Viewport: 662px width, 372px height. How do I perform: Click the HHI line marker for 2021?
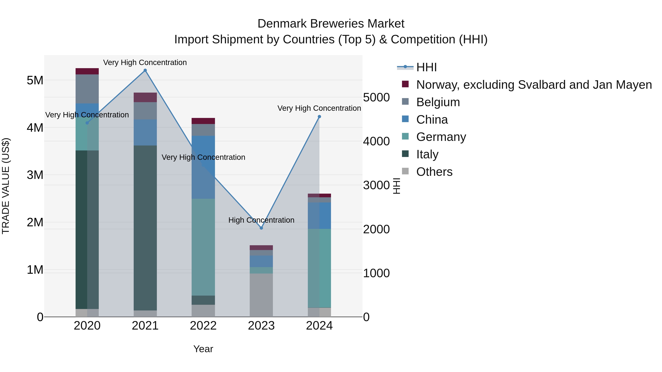click(x=145, y=70)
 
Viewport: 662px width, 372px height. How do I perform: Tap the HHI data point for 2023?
click(x=261, y=228)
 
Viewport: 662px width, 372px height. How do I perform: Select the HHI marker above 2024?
click(x=319, y=116)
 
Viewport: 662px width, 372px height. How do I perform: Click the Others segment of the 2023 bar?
click(x=261, y=295)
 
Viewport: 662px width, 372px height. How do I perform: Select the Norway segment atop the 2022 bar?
click(x=203, y=121)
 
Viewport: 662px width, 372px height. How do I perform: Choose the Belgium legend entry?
click(x=438, y=102)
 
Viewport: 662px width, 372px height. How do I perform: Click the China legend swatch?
click(x=405, y=119)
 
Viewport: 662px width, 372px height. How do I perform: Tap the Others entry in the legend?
click(x=434, y=172)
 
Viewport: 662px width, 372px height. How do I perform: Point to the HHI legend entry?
click(x=427, y=67)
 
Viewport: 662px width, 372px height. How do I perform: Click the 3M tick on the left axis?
click(x=35, y=175)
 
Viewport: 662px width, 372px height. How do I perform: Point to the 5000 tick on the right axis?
click(x=376, y=98)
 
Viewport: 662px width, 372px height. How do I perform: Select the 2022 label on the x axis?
click(x=203, y=326)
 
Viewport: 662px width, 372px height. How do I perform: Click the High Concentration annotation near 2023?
click(x=261, y=220)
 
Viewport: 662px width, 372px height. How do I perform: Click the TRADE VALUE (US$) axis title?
click(x=6, y=186)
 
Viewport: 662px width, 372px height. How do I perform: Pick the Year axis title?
click(x=203, y=349)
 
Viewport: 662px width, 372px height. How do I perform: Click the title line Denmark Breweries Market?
click(x=331, y=24)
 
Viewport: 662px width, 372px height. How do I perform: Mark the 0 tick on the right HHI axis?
click(x=366, y=317)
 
